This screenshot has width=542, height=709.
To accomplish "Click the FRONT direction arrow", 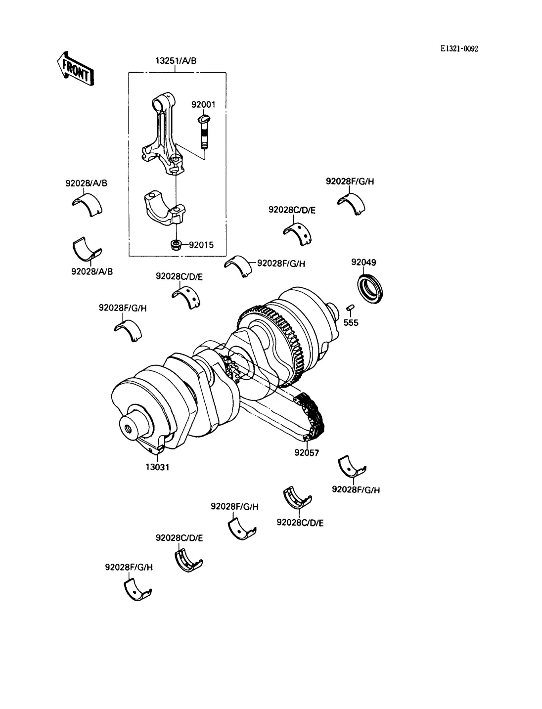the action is (x=75, y=69).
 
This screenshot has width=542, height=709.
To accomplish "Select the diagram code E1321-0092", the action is (x=459, y=49).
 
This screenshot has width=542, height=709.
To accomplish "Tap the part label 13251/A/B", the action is (x=176, y=61).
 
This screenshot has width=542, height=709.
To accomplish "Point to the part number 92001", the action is (x=203, y=105).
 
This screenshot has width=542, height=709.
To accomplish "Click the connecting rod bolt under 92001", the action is (x=203, y=132).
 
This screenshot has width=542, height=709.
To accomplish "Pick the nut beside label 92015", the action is (x=176, y=245).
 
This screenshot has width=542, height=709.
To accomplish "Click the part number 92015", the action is (x=201, y=245).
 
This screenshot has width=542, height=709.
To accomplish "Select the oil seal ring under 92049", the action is (x=370, y=288).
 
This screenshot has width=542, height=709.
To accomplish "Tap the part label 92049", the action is (x=363, y=262).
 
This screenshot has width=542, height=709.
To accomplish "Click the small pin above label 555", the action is (x=350, y=308).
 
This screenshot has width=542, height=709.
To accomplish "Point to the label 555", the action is (x=351, y=323).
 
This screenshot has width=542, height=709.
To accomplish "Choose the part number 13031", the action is (x=157, y=467).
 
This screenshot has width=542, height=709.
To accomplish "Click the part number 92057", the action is (x=307, y=453).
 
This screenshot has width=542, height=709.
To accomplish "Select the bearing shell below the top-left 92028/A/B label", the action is (x=87, y=205).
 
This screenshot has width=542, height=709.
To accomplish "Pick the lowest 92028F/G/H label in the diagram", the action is (x=129, y=567).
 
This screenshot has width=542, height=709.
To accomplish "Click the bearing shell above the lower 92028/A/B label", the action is (x=87, y=249).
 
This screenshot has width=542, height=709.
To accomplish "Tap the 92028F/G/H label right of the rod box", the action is (x=281, y=264).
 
